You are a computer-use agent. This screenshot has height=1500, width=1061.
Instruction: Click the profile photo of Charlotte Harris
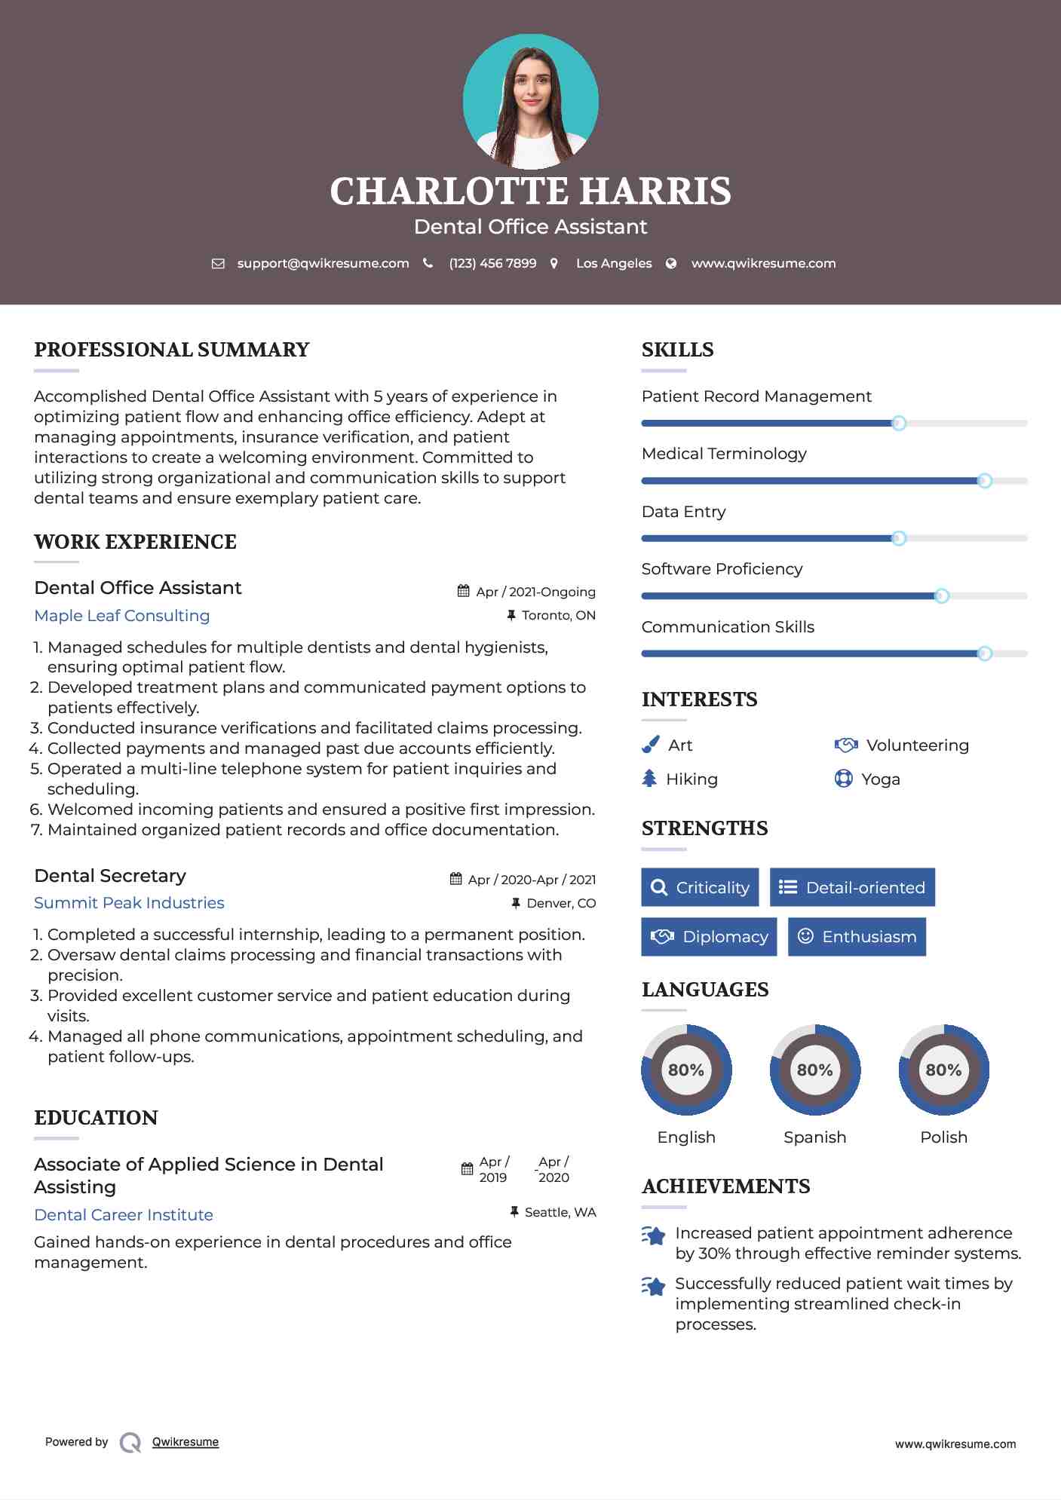[530, 101]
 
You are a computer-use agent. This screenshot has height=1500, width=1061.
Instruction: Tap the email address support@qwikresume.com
[323, 263]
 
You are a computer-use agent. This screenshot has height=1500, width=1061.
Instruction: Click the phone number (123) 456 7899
[492, 263]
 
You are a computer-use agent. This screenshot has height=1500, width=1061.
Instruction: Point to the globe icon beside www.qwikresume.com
[671, 263]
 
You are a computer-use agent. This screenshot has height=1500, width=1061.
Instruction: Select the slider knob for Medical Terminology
[984, 481]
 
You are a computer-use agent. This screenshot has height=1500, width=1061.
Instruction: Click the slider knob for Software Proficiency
[941, 596]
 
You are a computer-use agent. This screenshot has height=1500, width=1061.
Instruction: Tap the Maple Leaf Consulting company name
[122, 616]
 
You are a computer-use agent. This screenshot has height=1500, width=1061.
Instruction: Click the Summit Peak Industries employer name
[129, 903]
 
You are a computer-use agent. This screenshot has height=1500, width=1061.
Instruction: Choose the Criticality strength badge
[700, 887]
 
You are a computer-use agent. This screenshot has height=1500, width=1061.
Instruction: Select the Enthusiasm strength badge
[857, 937]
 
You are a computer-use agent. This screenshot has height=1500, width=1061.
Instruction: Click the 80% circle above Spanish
[814, 1070]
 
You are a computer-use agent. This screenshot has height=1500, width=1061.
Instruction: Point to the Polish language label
[943, 1137]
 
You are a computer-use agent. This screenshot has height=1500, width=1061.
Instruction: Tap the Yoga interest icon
[843, 779]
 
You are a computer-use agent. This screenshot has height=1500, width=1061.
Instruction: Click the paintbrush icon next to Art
[650, 745]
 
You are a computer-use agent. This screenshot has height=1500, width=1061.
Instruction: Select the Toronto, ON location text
[558, 616]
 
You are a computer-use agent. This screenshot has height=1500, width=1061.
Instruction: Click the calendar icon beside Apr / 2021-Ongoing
[464, 592]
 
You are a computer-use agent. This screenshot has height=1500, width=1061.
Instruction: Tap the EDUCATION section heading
[96, 1118]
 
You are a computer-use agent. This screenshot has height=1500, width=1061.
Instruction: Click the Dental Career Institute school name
[124, 1215]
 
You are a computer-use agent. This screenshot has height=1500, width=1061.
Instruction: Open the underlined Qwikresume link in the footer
[186, 1442]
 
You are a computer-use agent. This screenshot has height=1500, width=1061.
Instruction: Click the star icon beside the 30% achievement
[654, 1236]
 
